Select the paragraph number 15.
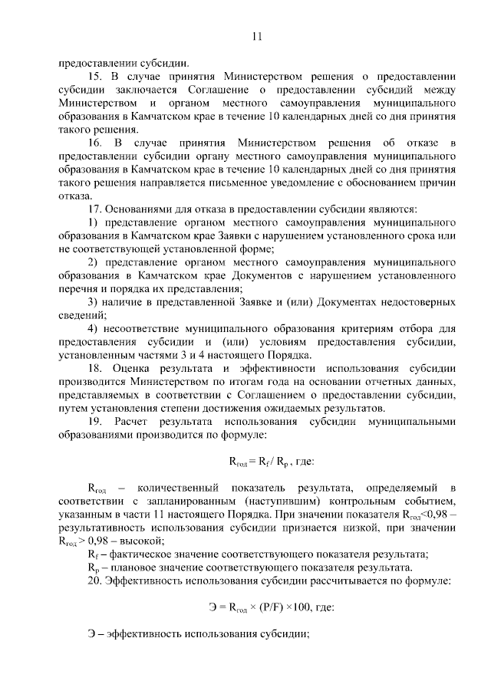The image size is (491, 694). [x=97, y=77]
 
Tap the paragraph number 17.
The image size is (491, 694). [x=97, y=209]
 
